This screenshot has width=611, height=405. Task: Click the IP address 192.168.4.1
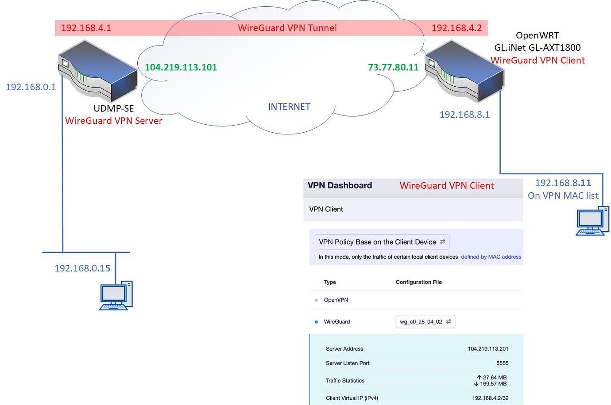pyautogui.click(x=86, y=28)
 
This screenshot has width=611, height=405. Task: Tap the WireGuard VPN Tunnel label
pyautogui.click(x=287, y=28)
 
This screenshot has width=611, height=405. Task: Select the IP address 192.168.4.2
pyautogui.click(x=456, y=28)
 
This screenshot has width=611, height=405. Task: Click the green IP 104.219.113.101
pyautogui.click(x=181, y=67)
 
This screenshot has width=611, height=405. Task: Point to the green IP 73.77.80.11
pyautogui.click(x=393, y=67)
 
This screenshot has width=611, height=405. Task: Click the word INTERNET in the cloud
pyautogui.click(x=289, y=107)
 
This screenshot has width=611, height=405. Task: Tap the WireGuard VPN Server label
pyautogui.click(x=113, y=121)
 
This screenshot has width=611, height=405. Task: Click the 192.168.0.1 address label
pyautogui.click(x=31, y=87)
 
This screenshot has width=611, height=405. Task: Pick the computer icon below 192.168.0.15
pyautogui.click(x=116, y=295)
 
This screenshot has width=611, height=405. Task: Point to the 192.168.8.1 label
pyautogui.click(x=464, y=115)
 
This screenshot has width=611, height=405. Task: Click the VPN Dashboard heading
pyautogui.click(x=340, y=186)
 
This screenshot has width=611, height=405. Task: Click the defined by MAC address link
pyautogui.click(x=491, y=257)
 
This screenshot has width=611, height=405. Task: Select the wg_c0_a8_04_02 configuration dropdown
pyautogui.click(x=425, y=321)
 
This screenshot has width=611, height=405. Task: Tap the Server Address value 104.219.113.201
pyautogui.click(x=488, y=349)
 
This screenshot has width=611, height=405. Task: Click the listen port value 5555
pyautogui.click(x=502, y=363)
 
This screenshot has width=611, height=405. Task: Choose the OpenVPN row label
pyautogui.click(x=336, y=300)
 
